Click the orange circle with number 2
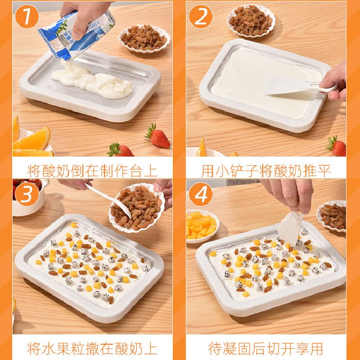pos(201,18)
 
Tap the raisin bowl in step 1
pos(144,39)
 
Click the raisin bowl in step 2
pos(251,20)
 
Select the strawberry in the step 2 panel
pos(336,146)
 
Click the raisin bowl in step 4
pos(332,216)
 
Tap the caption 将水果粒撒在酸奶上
pos(92,348)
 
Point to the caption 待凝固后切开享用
pos(266,348)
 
